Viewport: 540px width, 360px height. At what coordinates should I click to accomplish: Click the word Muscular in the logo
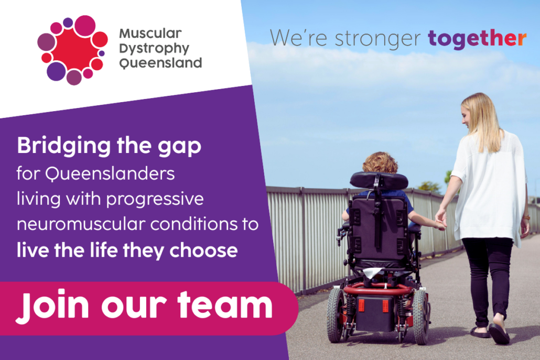point(150,34)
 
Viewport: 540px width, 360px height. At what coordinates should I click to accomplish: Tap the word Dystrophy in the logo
point(154,49)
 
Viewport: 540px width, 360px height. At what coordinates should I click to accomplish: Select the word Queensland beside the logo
point(160,63)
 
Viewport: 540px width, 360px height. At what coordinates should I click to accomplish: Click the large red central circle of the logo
point(73,49)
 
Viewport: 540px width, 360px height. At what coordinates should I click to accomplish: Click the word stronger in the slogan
point(377,39)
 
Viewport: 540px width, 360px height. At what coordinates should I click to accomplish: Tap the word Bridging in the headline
point(64,146)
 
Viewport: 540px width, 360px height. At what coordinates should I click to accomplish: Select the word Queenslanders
point(110,173)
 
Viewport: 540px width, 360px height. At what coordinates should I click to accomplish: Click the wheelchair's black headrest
point(379,180)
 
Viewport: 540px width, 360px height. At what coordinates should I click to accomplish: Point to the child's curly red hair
point(381,163)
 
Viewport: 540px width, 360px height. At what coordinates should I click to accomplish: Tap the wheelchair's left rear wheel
point(336,315)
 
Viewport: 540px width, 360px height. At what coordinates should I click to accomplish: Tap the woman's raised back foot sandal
point(499,333)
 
